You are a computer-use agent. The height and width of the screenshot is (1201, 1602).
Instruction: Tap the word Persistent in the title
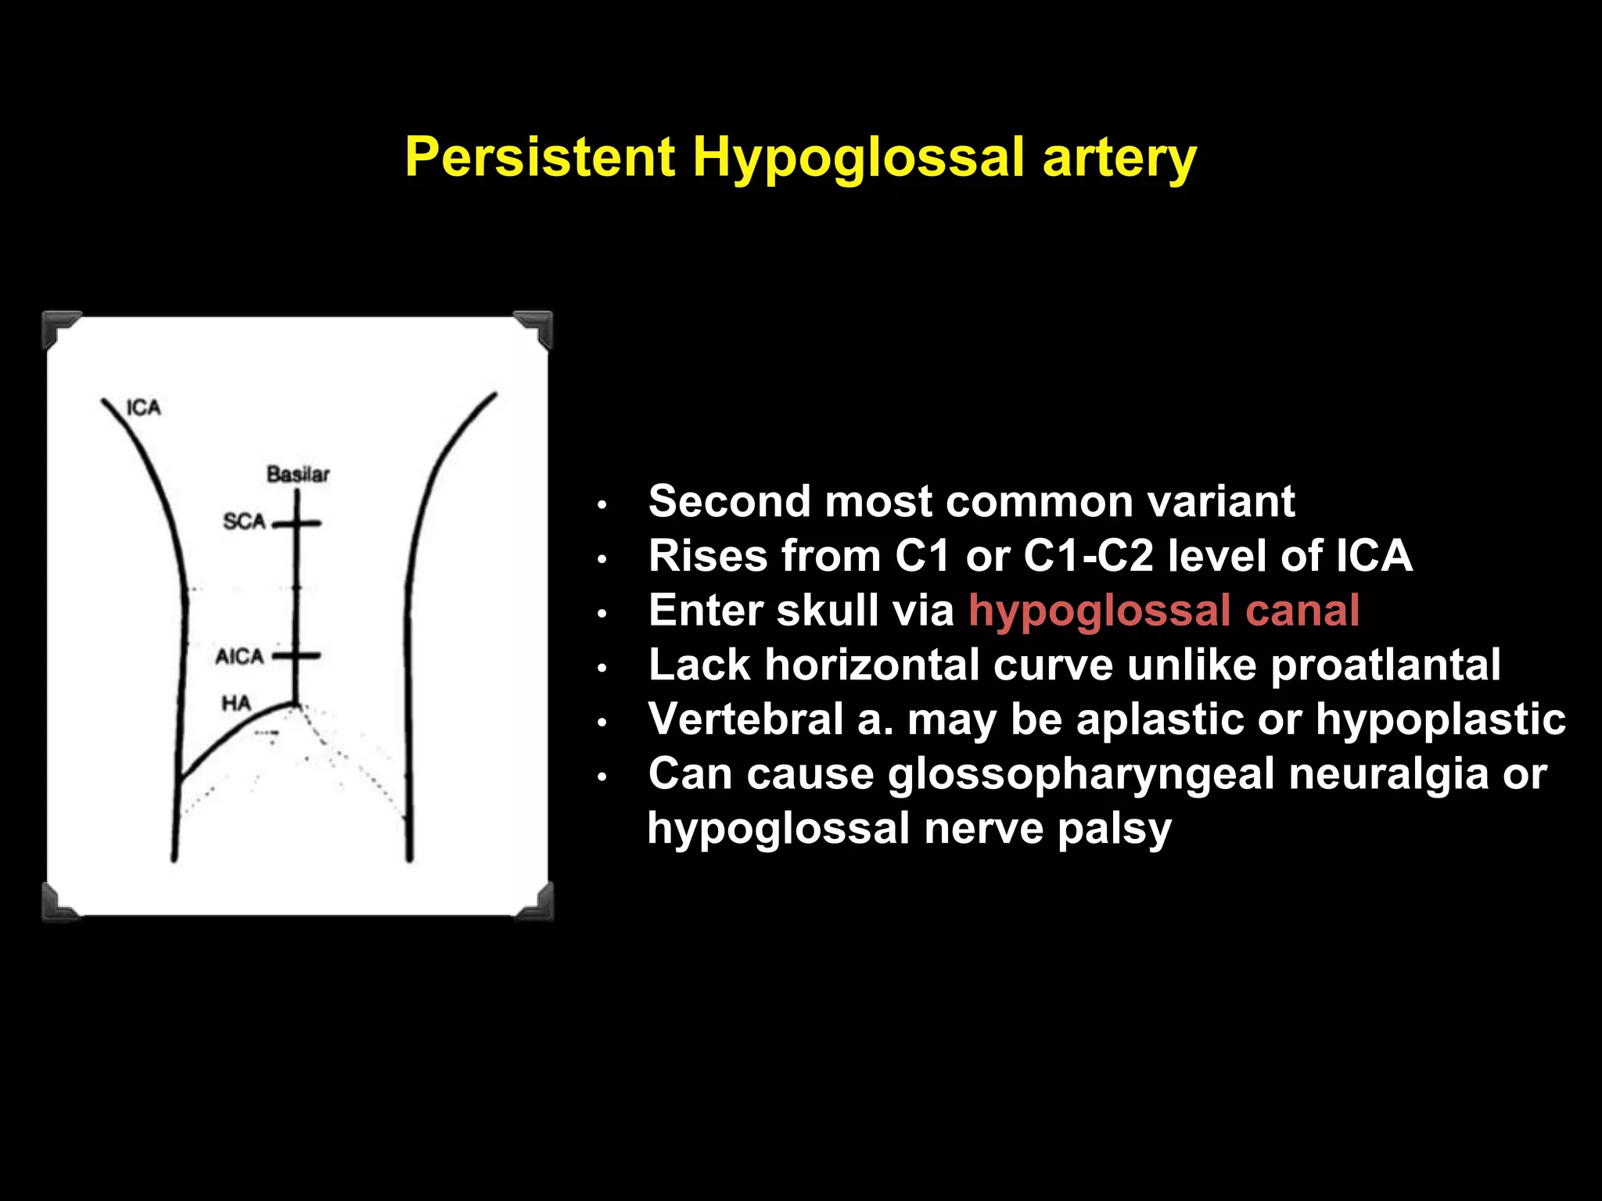pyautogui.click(x=540, y=157)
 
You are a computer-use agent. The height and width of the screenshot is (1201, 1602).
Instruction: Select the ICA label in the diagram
pyautogui.click(x=143, y=407)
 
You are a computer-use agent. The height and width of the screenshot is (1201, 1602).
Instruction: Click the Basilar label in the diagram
pyautogui.click(x=298, y=474)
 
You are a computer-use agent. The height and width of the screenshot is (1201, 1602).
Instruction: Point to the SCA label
pyautogui.click(x=244, y=521)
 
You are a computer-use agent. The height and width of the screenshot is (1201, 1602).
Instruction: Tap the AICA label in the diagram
pyautogui.click(x=239, y=656)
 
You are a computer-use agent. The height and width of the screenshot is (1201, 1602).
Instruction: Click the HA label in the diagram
pyautogui.click(x=235, y=704)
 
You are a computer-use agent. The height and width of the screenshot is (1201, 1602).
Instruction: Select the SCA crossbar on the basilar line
pyautogui.click(x=297, y=523)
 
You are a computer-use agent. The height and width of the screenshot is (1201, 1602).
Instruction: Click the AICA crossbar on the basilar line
pyautogui.click(x=297, y=656)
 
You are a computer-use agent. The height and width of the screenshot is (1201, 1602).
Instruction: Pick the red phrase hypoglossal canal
pyautogui.click(x=1163, y=611)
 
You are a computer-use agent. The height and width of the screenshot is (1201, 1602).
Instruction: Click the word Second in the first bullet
pyautogui.click(x=731, y=501)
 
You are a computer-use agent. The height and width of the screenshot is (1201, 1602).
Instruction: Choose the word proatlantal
pyautogui.click(x=1385, y=665)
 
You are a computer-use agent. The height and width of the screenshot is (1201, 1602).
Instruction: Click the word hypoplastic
pyautogui.click(x=1440, y=719)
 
